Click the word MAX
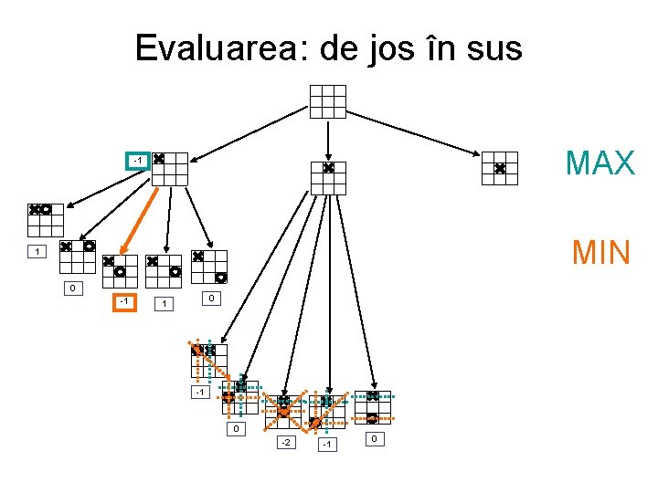(600, 163)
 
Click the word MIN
(600, 252)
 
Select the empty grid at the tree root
(328, 101)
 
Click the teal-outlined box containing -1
(137, 162)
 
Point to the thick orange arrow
(142, 221)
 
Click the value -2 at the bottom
(286, 443)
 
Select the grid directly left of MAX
(500, 169)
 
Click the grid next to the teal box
(169, 169)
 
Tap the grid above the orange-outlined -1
(120, 272)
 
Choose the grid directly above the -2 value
(283, 412)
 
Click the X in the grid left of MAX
(500, 169)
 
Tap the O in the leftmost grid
(46, 209)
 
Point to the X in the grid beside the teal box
(159, 159)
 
